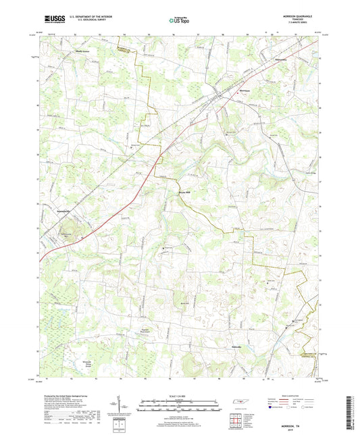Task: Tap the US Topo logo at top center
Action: coord(178,21)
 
